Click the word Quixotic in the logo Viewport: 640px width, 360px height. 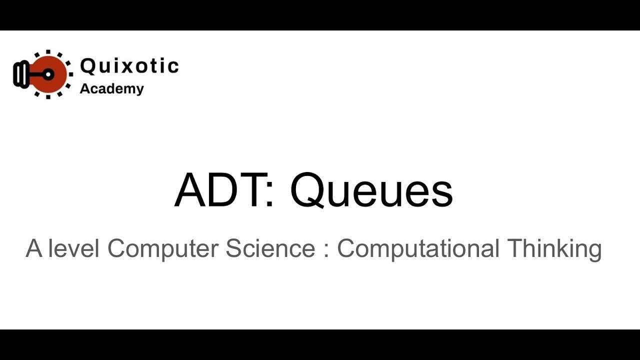129,66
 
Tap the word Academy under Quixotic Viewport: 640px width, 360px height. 111,89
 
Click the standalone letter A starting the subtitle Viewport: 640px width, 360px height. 34,248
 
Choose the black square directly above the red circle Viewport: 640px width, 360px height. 48,52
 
